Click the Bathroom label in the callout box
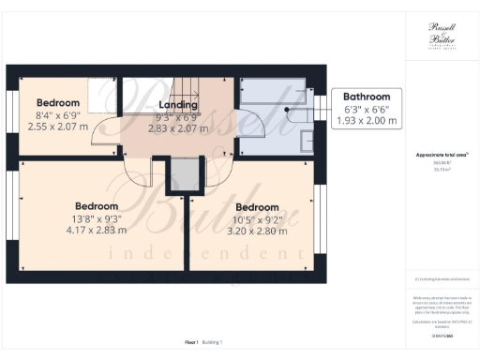click(365, 97)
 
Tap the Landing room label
click(178, 104)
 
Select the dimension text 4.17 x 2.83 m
click(97, 228)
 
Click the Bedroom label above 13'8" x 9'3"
click(97, 205)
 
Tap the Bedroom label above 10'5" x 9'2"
click(257, 207)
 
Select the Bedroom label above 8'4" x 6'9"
click(57, 102)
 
